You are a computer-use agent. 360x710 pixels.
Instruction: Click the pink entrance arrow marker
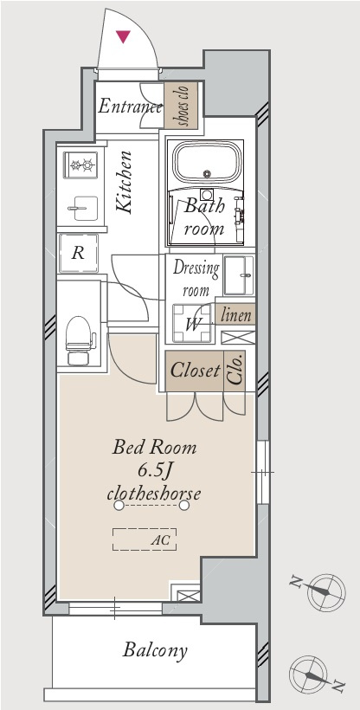[123, 36]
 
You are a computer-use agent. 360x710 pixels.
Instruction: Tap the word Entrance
[131, 106]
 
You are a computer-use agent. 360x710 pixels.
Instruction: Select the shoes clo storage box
[181, 105]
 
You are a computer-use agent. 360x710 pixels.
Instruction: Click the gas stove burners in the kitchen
[80, 165]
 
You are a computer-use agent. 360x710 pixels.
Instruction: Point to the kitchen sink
[83, 209]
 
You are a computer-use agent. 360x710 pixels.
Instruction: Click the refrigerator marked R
[79, 253]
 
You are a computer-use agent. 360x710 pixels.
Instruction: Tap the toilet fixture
[80, 340]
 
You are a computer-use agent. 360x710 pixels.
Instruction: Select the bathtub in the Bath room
[208, 163]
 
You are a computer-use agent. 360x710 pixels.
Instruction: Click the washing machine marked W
[192, 323]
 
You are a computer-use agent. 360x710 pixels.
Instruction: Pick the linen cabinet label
[235, 314]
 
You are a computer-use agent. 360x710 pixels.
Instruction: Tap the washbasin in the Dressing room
[239, 275]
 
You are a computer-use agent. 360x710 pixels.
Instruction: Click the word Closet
[195, 371]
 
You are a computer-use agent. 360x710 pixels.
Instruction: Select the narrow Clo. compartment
[235, 371]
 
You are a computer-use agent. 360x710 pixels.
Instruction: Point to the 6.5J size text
[154, 472]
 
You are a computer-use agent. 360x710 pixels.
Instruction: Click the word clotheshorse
[153, 493]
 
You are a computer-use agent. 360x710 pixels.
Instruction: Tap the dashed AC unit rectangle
[145, 539]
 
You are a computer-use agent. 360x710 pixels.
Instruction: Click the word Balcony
[155, 650]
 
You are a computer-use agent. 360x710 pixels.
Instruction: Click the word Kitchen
[124, 182]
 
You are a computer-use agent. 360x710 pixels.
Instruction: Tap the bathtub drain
[208, 173]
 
